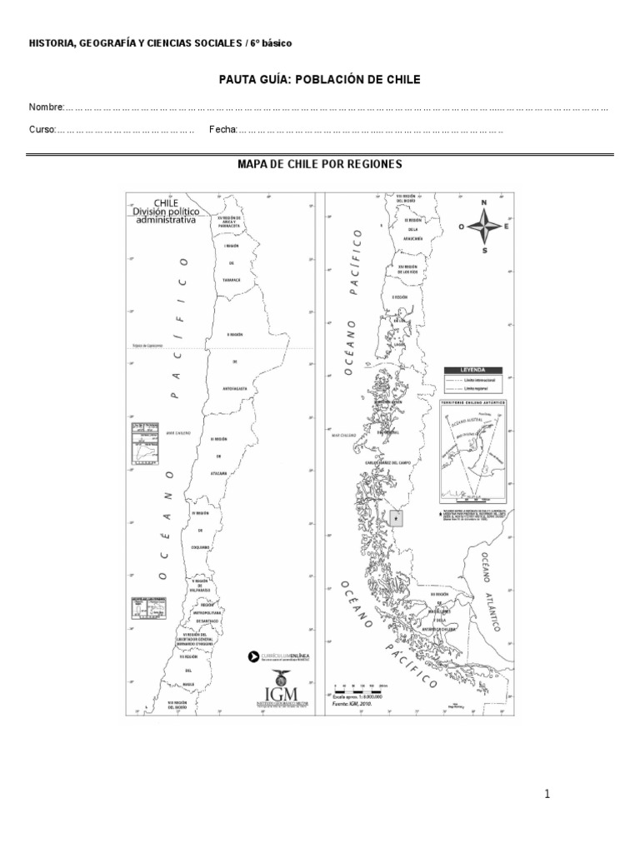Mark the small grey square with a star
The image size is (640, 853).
[x=397, y=518]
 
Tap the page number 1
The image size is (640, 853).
[x=547, y=794]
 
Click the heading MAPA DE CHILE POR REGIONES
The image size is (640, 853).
[x=320, y=164]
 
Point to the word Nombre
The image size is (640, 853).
[x=47, y=107]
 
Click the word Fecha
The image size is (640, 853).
[x=223, y=130]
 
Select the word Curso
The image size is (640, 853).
[x=42, y=130]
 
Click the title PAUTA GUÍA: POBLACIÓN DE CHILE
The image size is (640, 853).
[x=320, y=80]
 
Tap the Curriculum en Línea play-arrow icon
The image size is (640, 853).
[x=254, y=656]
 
